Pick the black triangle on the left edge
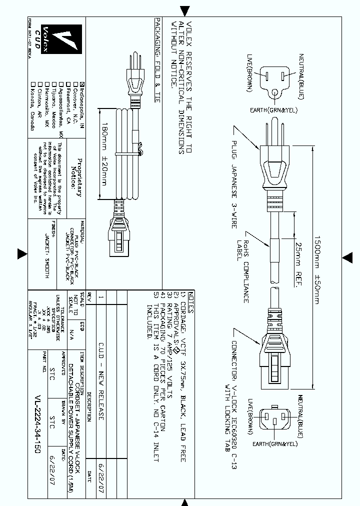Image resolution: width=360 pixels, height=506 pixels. [21, 254]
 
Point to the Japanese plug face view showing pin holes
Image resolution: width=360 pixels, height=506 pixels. [276, 82]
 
